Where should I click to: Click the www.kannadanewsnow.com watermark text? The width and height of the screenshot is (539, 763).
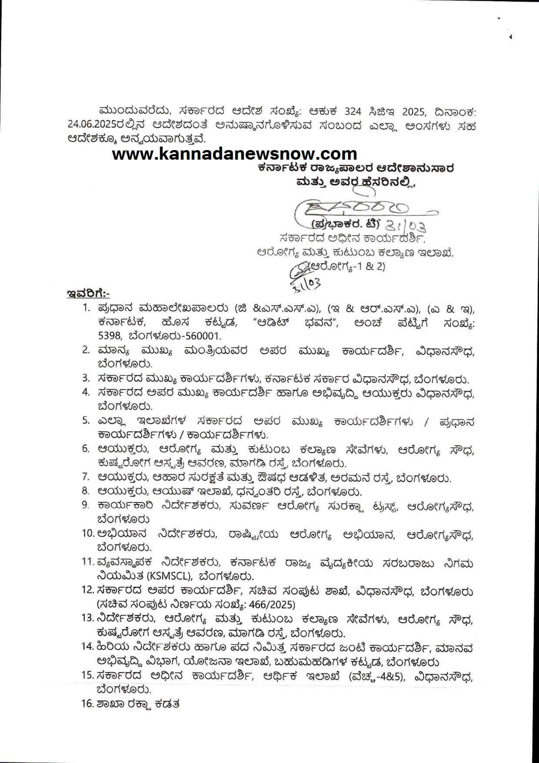coord(234,154)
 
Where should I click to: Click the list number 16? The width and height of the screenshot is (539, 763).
coord(88,703)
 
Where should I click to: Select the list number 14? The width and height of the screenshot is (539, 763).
coord(87,647)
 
